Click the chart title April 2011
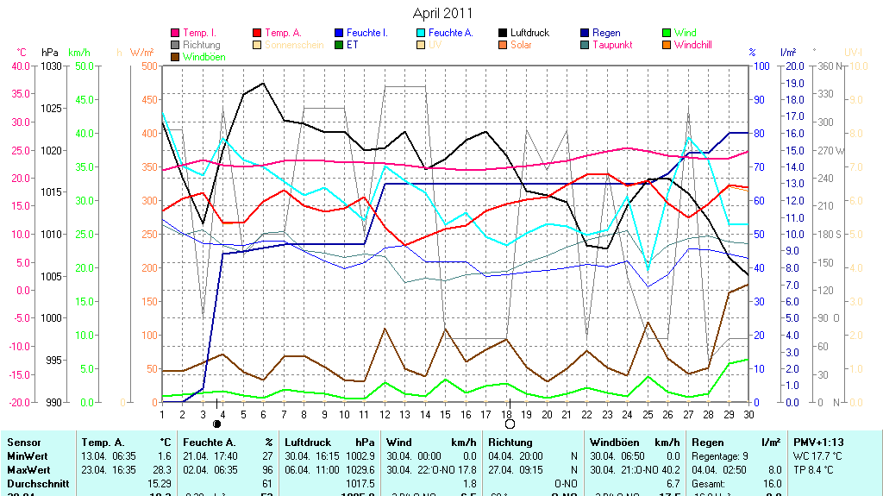(442, 13)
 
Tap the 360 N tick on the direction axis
(828, 66)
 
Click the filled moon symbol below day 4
(216, 424)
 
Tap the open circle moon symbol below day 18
(510, 424)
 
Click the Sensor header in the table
(23, 442)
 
